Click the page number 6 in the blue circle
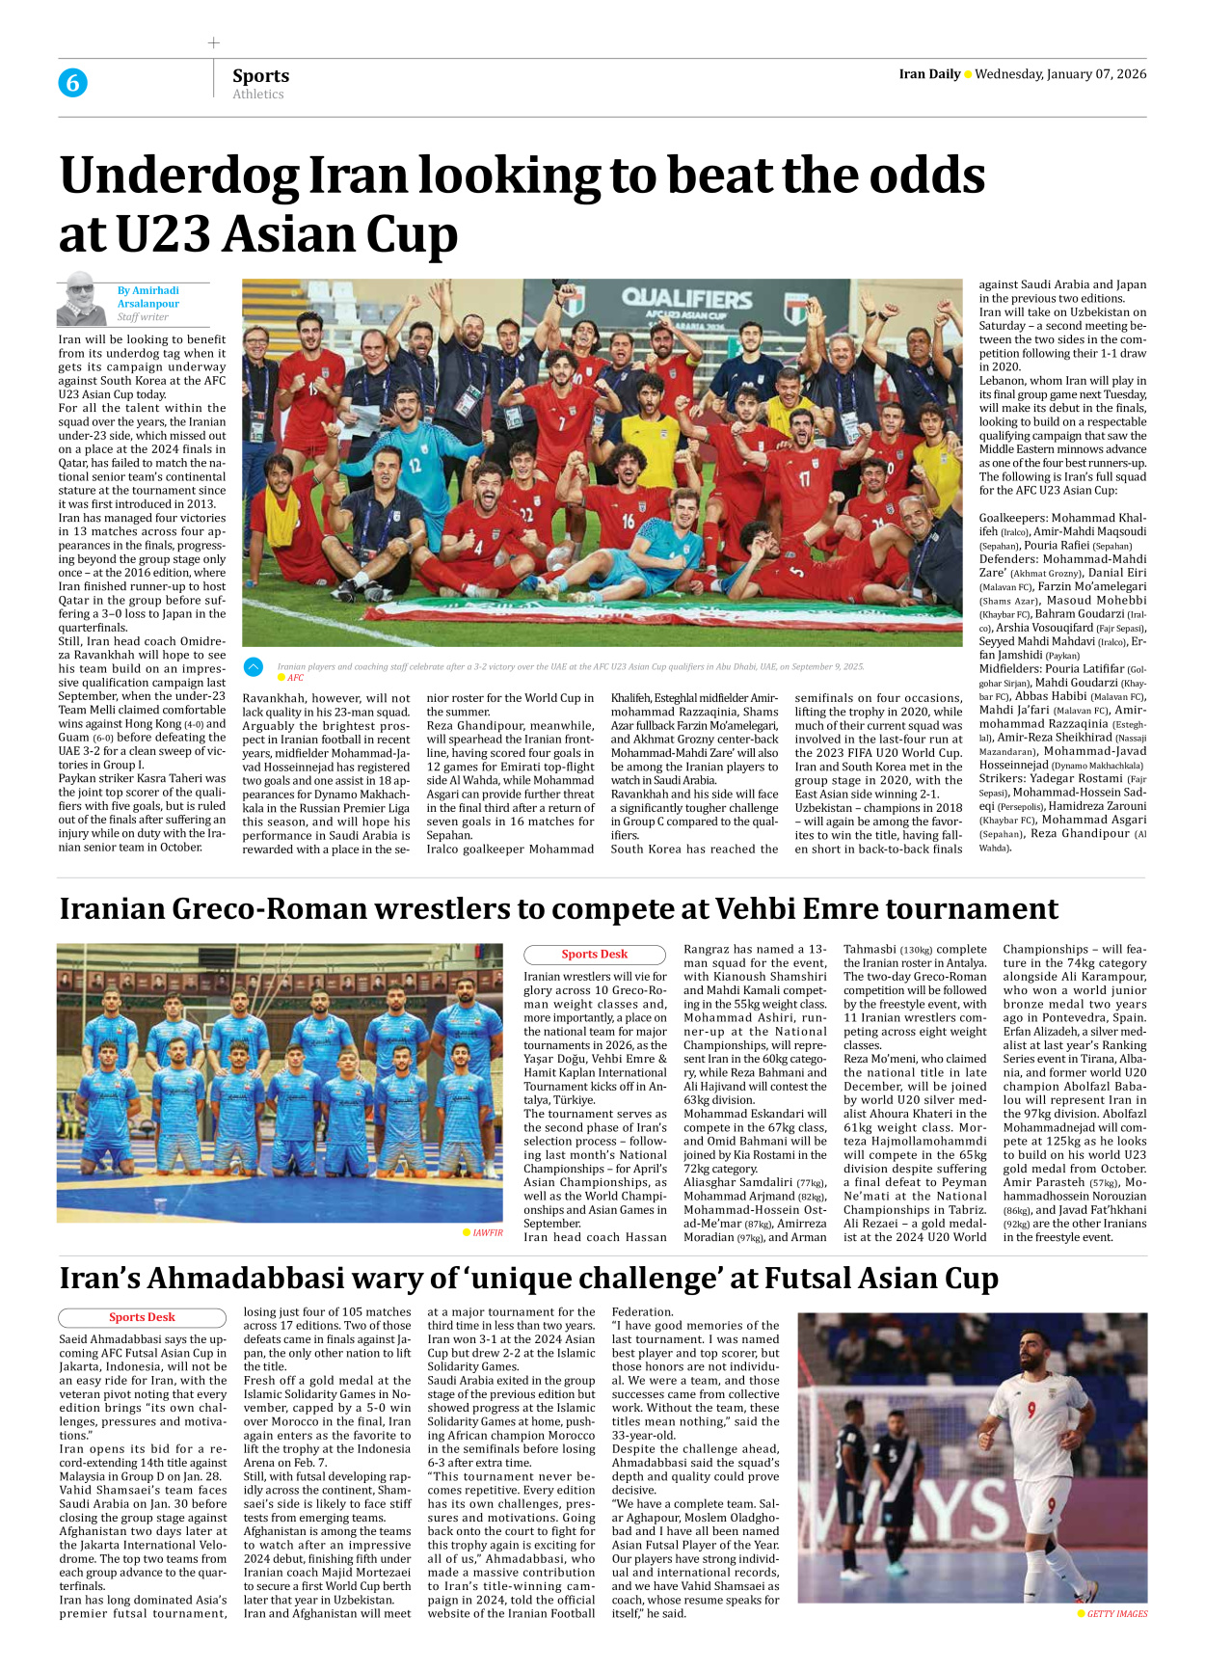72,83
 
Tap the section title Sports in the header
260,75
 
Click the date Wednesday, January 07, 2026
1060,74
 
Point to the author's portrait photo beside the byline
81,300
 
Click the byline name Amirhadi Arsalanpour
148,297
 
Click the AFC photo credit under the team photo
295,678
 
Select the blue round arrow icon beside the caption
254,666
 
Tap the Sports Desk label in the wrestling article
594,955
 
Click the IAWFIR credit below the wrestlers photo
487,1232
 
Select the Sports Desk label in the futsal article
142,1317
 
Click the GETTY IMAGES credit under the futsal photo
1116,1614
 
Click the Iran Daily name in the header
929,74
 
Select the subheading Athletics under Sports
258,94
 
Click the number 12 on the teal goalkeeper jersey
415,466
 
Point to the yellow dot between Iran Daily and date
968,74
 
